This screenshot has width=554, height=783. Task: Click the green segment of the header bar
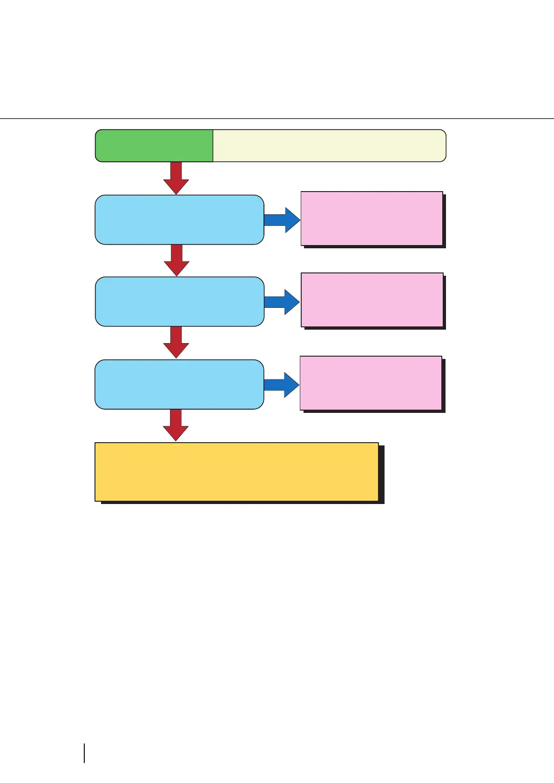(154, 146)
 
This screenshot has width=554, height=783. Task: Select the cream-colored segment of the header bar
(329, 146)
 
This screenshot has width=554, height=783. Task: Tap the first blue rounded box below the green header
(179, 219)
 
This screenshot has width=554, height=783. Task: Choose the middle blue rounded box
(180, 301)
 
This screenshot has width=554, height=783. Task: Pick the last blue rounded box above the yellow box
(179, 384)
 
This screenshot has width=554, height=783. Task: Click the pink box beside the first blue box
(372, 218)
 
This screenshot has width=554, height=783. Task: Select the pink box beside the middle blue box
(372, 300)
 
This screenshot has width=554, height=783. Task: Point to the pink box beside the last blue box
(371, 383)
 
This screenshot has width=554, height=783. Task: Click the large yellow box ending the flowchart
(236, 471)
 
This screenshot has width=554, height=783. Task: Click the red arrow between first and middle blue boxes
(176, 260)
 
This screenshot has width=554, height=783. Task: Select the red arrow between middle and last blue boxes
(176, 342)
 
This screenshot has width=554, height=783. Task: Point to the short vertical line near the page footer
(84, 753)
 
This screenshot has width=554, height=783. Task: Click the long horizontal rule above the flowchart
(277, 119)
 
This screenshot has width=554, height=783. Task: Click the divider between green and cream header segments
(213, 146)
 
